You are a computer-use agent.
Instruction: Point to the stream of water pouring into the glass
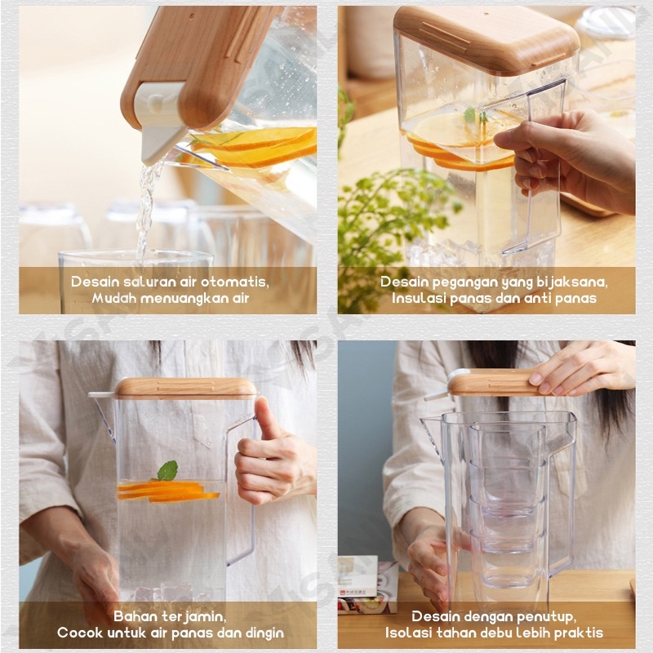[x=146, y=208]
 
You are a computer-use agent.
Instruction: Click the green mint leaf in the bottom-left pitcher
[x=168, y=471]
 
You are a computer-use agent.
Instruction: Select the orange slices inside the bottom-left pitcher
[x=167, y=491]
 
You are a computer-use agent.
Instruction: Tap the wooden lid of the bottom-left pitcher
[x=186, y=388]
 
